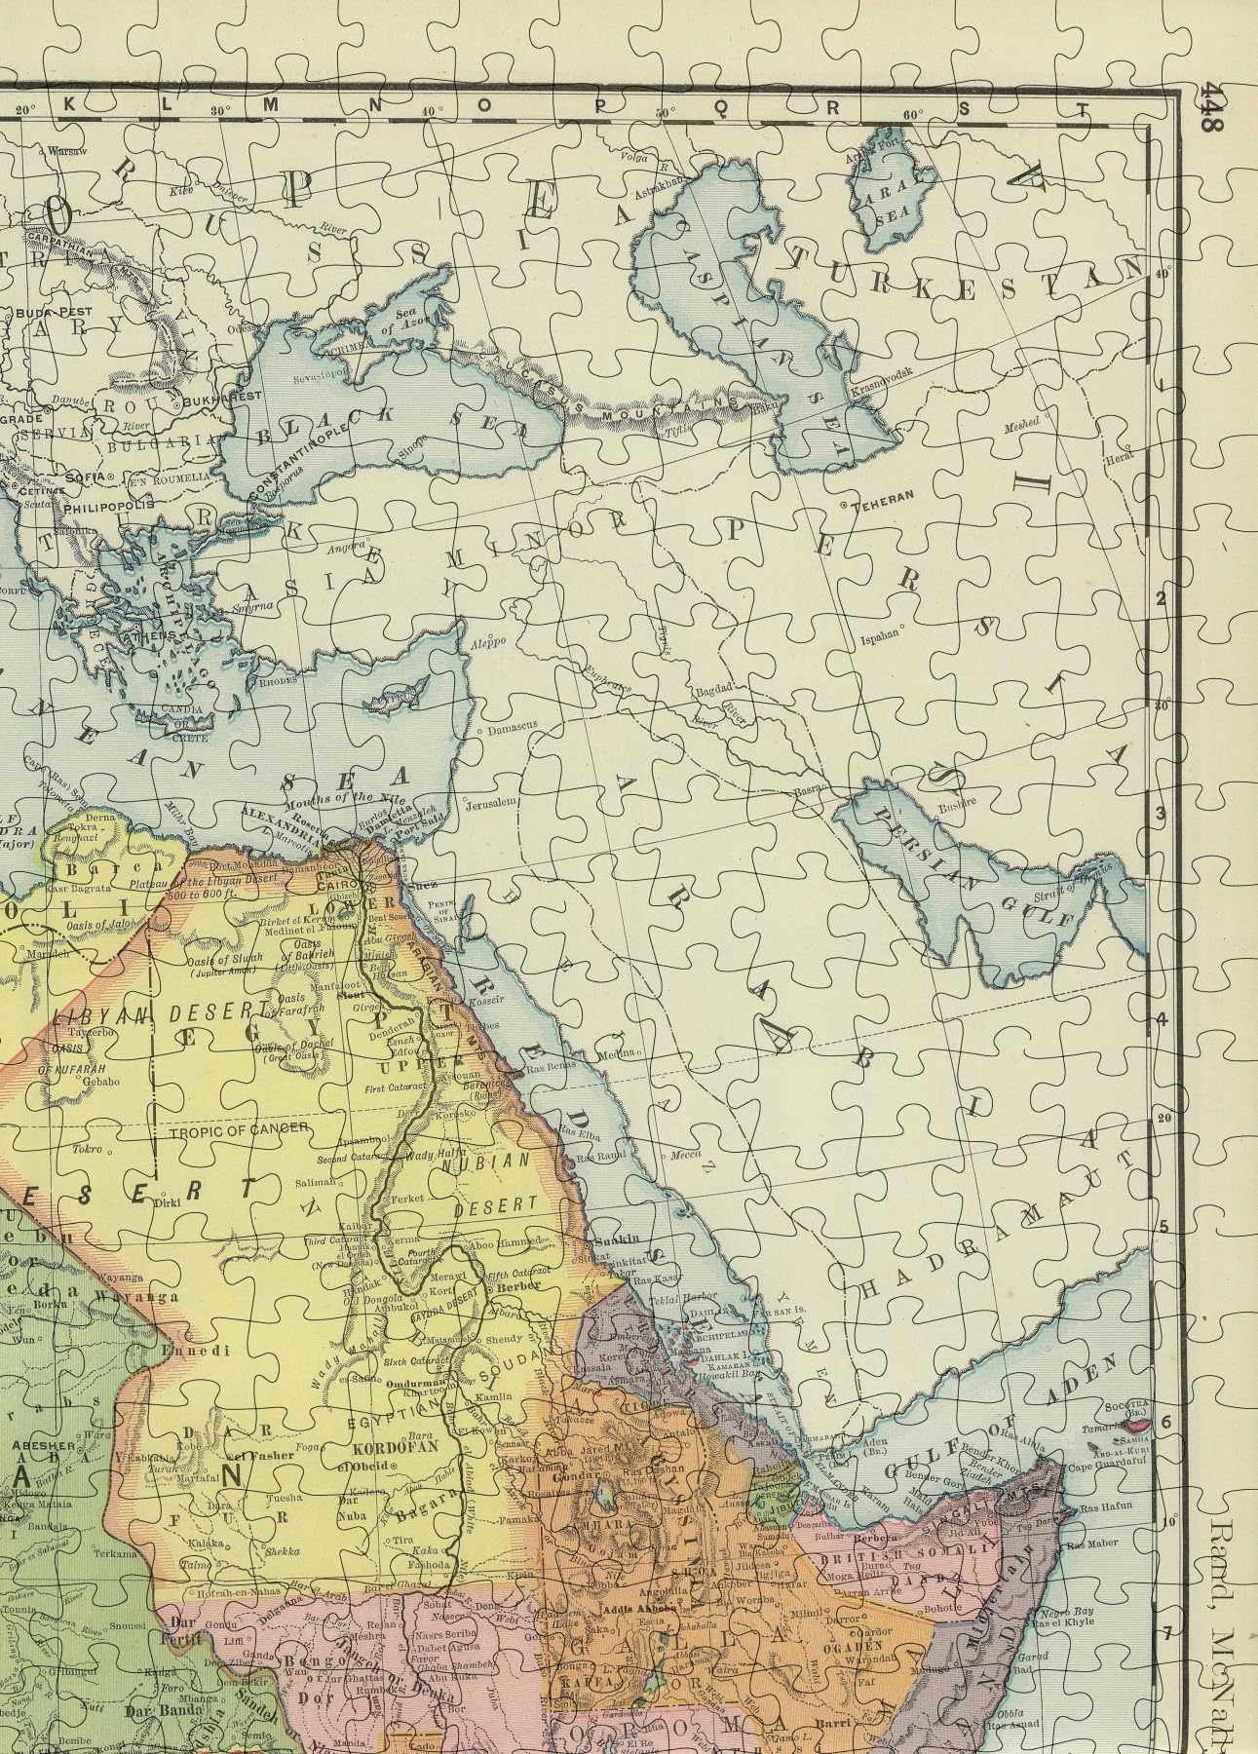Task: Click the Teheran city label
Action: click(x=884, y=496)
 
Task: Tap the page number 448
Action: click(x=1211, y=107)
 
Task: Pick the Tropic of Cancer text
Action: click(x=239, y=1129)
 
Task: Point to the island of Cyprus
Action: click(x=391, y=701)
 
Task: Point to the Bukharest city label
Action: click(x=232, y=396)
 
